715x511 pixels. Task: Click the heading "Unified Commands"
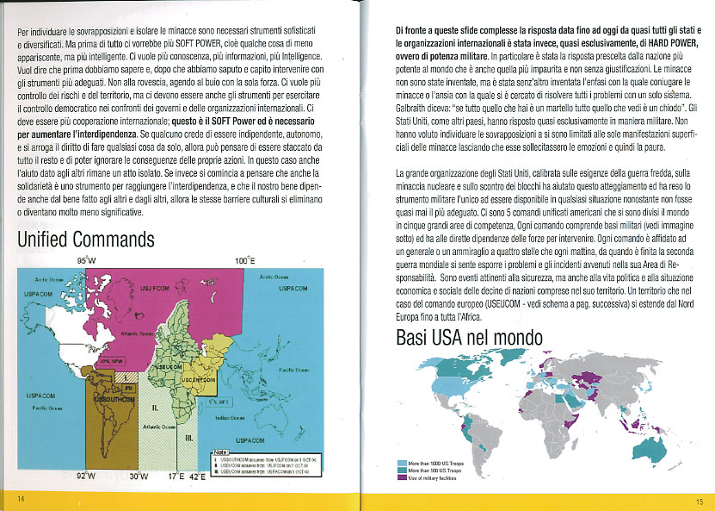(86, 239)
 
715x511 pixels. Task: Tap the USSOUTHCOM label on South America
(110, 400)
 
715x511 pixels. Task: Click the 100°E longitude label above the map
(244, 259)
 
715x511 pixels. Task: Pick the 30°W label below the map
(138, 475)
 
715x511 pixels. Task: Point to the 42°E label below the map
(197, 475)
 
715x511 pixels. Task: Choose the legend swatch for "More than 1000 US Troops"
(402, 464)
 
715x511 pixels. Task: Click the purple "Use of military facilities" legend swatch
(402, 478)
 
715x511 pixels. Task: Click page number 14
(22, 501)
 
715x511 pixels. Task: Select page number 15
(700, 501)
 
